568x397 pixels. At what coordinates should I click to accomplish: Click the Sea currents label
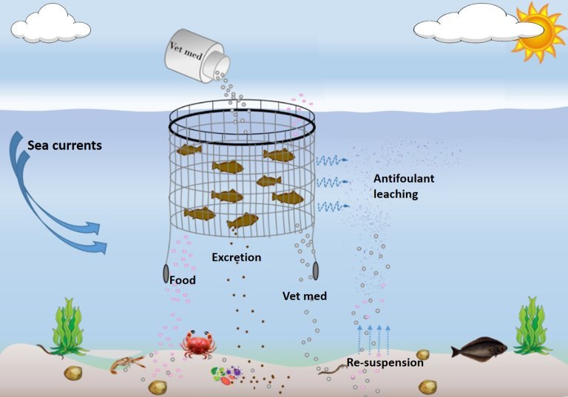(64, 145)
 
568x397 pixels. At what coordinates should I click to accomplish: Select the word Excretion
(236, 257)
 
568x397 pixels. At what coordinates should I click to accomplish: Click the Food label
(182, 280)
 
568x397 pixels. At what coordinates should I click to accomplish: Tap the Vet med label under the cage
(305, 296)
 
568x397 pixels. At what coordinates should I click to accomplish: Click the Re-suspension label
(385, 362)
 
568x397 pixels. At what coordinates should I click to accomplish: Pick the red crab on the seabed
(197, 344)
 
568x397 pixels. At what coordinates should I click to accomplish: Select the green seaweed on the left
(70, 326)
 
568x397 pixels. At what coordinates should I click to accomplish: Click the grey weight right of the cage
(316, 271)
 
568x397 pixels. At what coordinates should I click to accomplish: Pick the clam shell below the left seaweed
(73, 373)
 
